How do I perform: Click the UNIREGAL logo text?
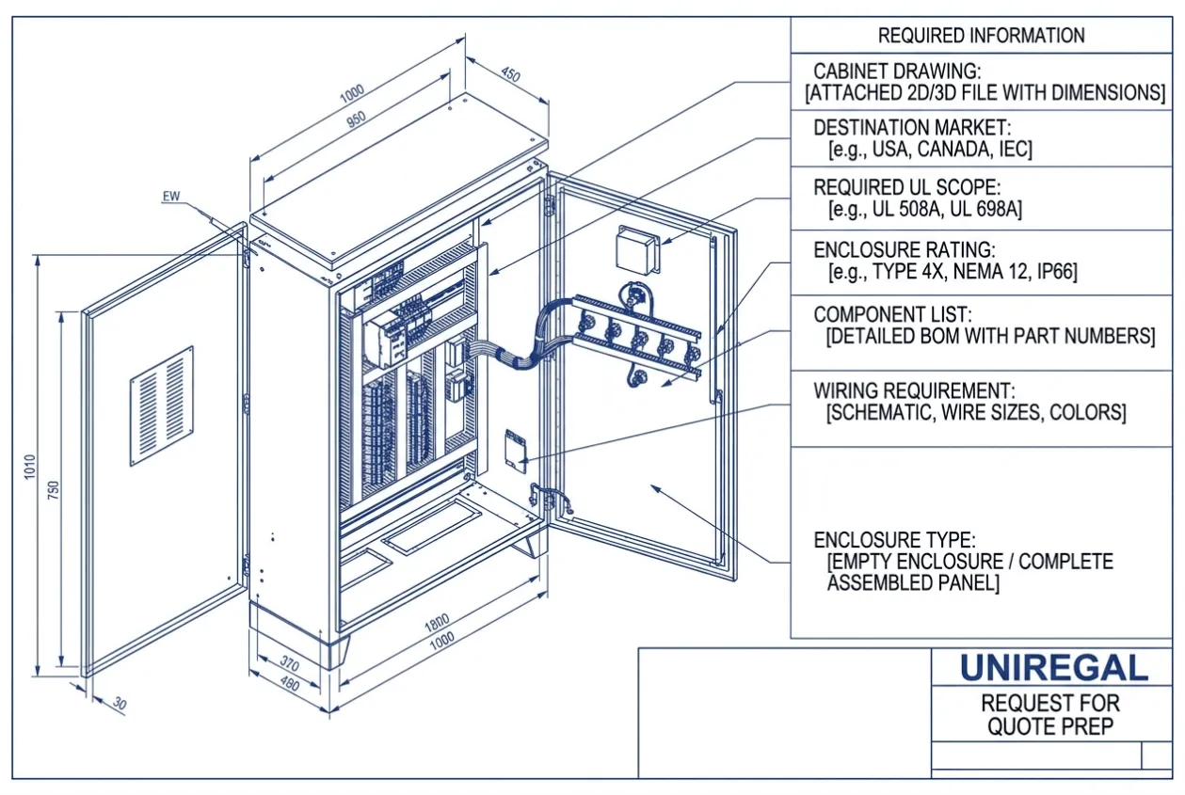[1054, 668]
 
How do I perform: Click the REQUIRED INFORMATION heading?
[982, 36]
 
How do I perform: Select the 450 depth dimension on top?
[510, 74]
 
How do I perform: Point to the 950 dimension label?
[356, 119]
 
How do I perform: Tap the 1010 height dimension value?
[30, 467]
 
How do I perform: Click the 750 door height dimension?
[54, 490]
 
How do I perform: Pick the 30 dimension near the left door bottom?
[120, 704]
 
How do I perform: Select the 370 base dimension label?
[290, 662]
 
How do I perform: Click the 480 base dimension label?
[289, 684]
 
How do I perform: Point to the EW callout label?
[171, 197]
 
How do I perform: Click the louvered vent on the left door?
[161, 406]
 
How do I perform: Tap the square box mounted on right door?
[638, 249]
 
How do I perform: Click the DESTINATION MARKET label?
[912, 127]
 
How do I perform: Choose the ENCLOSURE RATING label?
[905, 249]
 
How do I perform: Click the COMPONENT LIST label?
[893, 315]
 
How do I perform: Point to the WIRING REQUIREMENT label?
[915, 390]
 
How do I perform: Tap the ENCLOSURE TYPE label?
[894, 540]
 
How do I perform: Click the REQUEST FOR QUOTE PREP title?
[1050, 715]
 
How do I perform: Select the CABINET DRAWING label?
[897, 72]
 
